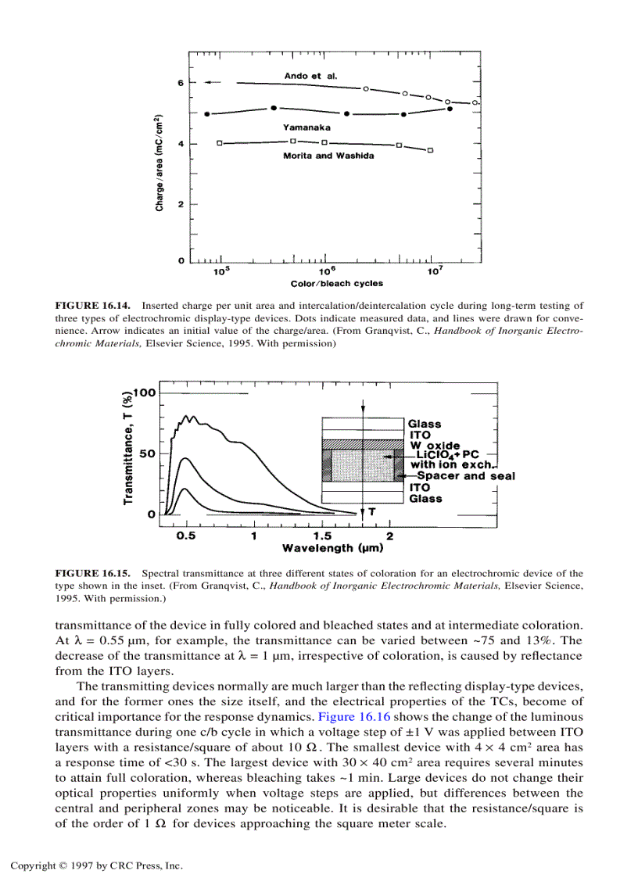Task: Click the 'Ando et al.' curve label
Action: pos(315,75)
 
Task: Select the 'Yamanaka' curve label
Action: pos(306,126)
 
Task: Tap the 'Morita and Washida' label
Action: pos(328,156)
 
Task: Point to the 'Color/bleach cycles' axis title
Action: pos(326,284)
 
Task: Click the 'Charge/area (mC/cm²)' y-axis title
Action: pos(159,163)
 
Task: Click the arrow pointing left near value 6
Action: pos(213,82)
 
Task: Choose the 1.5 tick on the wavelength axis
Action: pos(321,536)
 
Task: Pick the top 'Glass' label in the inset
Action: pos(425,425)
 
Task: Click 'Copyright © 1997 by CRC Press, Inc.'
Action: pos(96,865)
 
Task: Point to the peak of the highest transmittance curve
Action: pos(187,416)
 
